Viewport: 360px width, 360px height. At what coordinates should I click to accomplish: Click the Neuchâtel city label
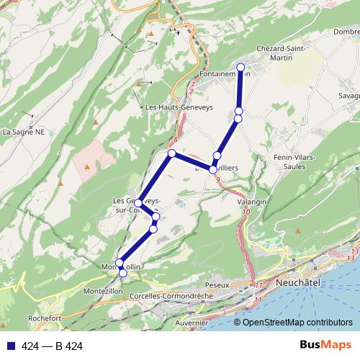[297, 284]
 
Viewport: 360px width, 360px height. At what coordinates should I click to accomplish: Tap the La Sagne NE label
[23, 132]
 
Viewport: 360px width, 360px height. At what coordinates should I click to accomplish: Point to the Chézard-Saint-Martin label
[282, 53]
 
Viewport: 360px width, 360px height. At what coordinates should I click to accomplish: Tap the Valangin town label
[252, 202]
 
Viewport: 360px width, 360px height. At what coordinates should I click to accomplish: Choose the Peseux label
[216, 285]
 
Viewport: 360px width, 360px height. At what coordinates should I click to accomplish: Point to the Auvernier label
[191, 323]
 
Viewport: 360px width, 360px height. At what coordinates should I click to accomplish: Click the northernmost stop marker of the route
[240, 67]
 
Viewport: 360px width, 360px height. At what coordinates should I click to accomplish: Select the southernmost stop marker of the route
[122, 273]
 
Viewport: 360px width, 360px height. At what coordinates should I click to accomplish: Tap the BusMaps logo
[325, 346]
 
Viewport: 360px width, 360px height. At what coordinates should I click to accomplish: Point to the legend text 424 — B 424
[52, 346]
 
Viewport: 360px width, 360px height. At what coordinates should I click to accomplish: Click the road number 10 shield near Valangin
[246, 212]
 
